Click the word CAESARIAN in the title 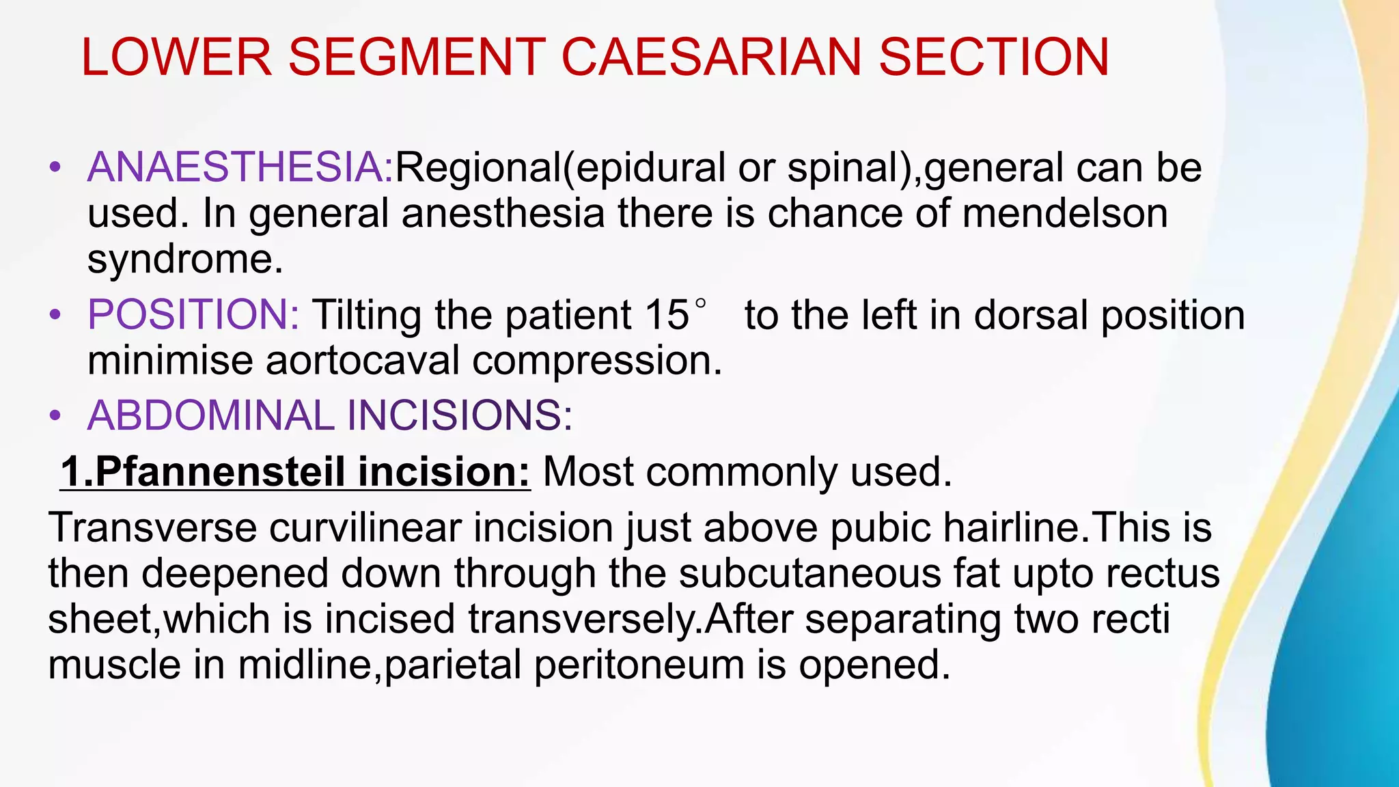[x=712, y=57]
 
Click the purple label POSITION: [x=193, y=315]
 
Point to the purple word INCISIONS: [x=460, y=415]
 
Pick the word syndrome [x=184, y=260]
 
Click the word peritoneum [x=639, y=665]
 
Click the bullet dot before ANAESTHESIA [x=55, y=168]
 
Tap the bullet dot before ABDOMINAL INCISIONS [x=55, y=416]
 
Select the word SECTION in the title [x=994, y=57]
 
